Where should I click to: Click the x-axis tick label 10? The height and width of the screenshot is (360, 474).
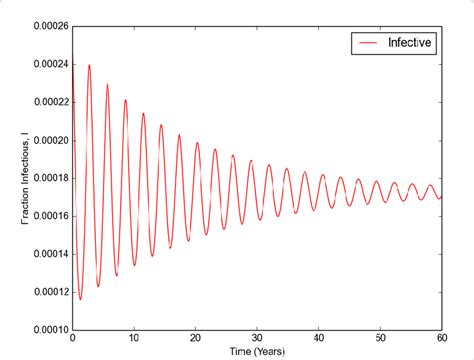tap(134, 339)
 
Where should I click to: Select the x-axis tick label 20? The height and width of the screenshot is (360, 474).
tap(196, 339)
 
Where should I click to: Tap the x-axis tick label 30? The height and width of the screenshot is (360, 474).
tap(257, 339)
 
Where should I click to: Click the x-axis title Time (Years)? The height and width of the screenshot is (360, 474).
tap(257, 352)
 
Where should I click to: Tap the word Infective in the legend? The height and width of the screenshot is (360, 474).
tap(411, 44)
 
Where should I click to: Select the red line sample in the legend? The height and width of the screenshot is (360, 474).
tap(368, 44)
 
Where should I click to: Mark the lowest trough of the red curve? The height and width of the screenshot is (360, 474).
tap(80, 299)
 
